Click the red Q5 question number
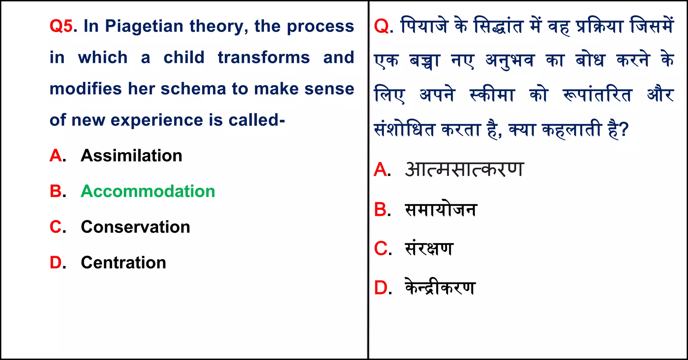point(61,26)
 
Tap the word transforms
point(264,57)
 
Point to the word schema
point(193,89)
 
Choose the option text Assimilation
point(131,156)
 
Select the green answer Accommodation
point(148,191)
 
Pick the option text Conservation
point(135,227)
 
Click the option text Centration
point(123,263)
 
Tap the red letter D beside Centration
point(56,263)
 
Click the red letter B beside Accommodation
point(56,191)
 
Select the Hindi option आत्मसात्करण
point(464,169)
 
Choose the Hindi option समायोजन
point(441,210)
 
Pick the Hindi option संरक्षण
point(429,249)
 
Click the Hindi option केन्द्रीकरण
point(440,288)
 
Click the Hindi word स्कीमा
point(492,95)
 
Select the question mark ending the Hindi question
point(624,130)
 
